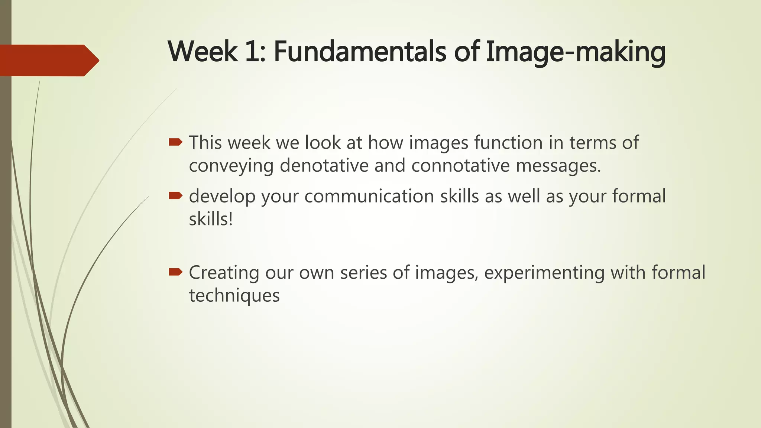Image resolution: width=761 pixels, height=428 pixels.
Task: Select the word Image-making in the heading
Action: [575, 52]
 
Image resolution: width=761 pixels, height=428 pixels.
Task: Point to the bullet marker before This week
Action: [175, 142]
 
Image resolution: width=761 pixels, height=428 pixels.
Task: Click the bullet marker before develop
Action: [175, 195]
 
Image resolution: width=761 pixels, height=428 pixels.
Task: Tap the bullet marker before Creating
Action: [175, 272]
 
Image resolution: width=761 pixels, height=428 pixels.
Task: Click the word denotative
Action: [324, 165]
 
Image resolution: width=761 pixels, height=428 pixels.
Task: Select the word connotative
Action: [460, 165]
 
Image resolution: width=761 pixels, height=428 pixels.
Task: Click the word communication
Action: [369, 196]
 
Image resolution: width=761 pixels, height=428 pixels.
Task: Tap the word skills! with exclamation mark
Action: [211, 219]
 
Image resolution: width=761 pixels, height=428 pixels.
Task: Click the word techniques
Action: [234, 296]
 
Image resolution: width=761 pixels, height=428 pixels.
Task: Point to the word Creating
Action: [224, 273]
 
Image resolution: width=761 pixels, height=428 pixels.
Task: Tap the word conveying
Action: [231, 166]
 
